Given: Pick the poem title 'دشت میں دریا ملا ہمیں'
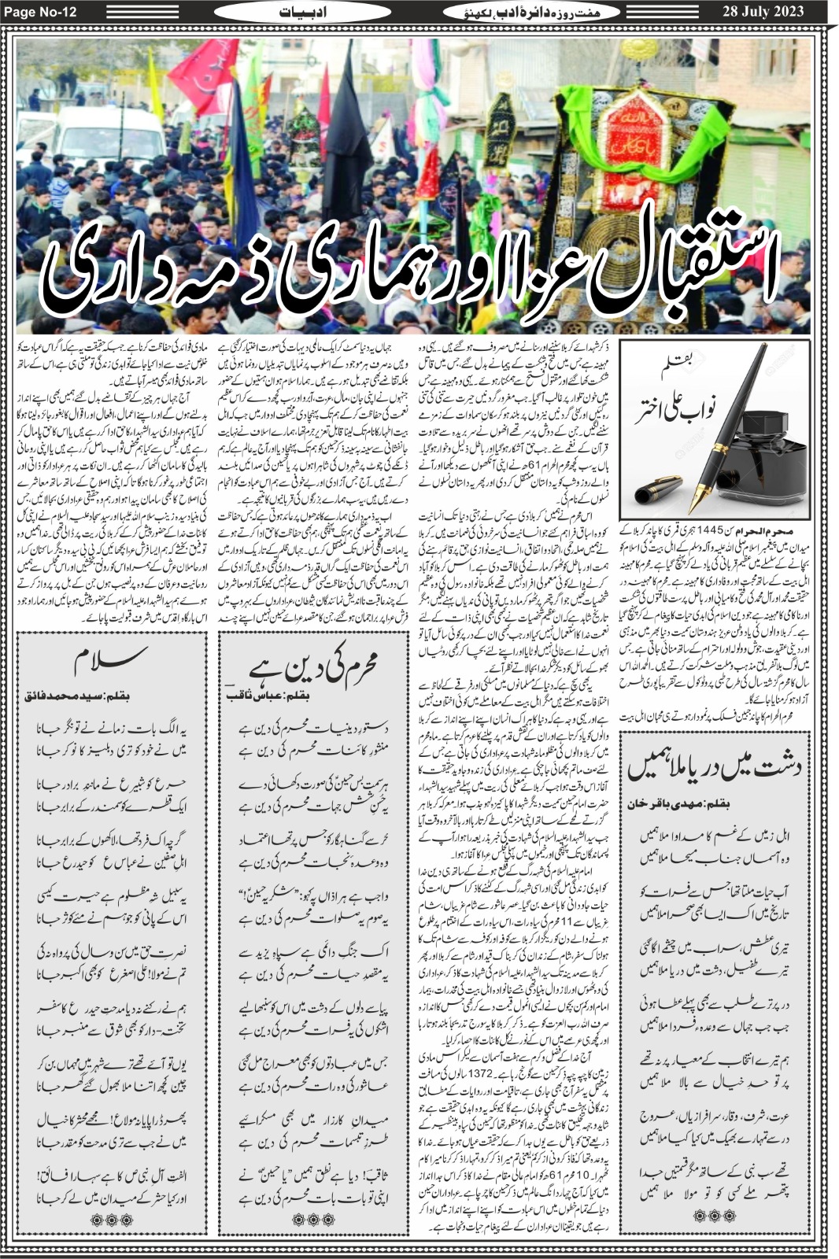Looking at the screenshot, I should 713,766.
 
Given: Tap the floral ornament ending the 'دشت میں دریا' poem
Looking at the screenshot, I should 712,1215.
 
